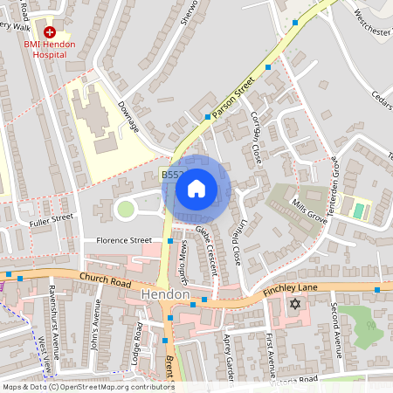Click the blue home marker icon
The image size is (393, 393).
pos(196,188)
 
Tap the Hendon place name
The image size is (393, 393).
pos(165,296)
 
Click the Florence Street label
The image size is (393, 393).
pos(117,240)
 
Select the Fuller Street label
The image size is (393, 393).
pos(50,223)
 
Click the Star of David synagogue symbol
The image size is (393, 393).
pos(294,304)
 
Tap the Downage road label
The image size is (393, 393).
pos(128,116)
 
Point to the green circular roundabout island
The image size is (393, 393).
pos(126,209)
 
